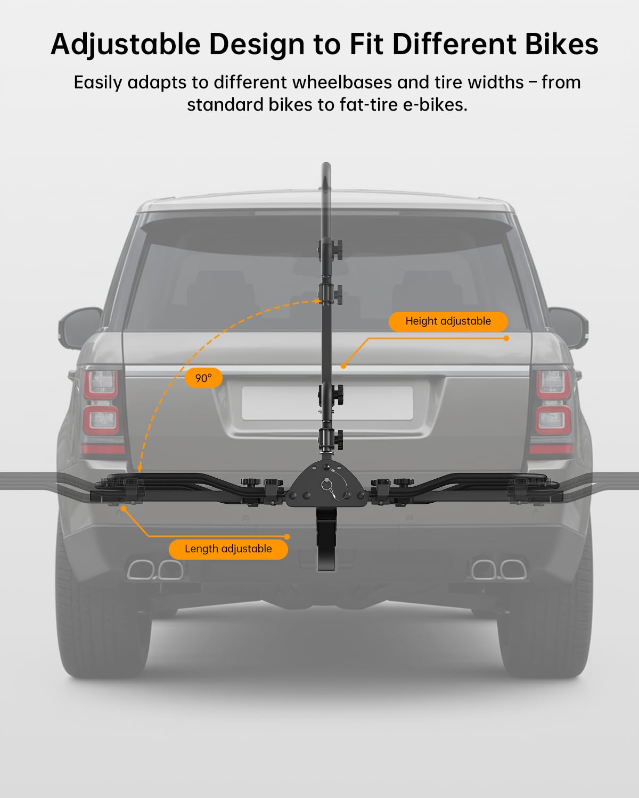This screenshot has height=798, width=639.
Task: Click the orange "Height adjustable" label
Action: point(448,321)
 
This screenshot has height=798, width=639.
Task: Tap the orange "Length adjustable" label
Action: point(228,549)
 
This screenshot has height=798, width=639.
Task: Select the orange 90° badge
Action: point(203,378)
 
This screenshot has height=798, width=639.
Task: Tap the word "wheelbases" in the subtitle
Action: point(342,82)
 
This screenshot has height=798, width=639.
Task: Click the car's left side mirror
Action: point(80,327)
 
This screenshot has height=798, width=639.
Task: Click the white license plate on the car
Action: point(327,403)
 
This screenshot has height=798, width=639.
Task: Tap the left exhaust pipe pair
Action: point(155,569)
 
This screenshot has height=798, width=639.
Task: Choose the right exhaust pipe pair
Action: point(498,569)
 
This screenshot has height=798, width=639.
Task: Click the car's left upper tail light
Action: point(101,384)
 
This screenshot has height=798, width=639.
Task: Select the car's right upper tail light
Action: point(553,384)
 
